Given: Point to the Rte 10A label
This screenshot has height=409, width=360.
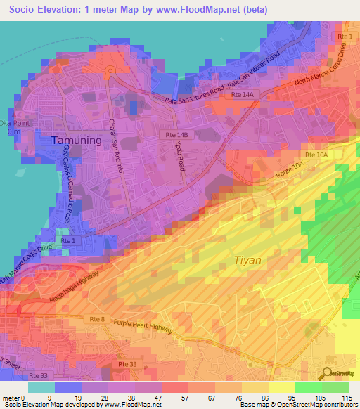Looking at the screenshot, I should (x=314, y=154).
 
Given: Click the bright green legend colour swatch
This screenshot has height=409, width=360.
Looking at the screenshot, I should (x=309, y=387).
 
